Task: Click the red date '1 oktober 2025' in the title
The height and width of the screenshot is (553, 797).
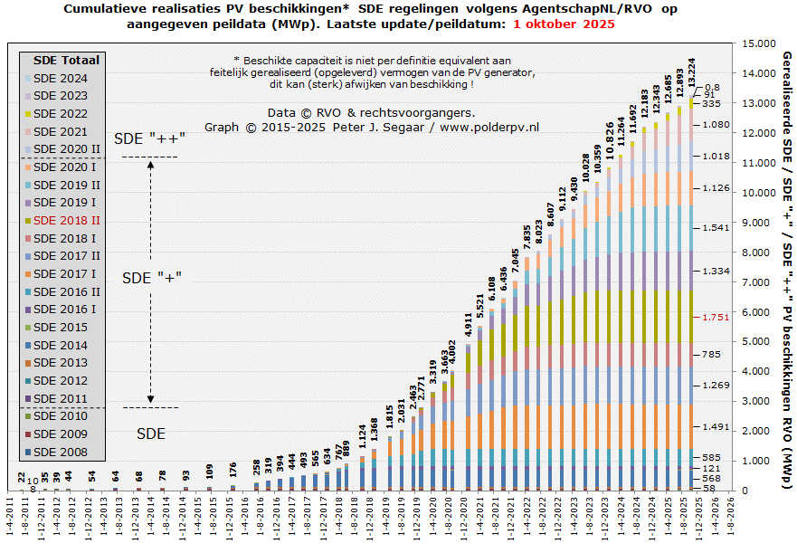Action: (x=564, y=24)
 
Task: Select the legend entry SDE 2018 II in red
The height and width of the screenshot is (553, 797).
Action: (x=66, y=220)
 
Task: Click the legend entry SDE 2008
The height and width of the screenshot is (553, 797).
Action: (x=61, y=452)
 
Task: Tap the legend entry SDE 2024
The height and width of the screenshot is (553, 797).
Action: (x=61, y=78)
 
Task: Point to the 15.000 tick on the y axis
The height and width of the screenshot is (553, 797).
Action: (x=732, y=43)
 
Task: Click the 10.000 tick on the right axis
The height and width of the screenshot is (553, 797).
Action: (x=732, y=193)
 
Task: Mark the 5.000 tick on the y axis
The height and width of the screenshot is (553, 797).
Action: (x=729, y=342)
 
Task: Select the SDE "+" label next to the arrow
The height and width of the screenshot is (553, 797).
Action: (x=152, y=276)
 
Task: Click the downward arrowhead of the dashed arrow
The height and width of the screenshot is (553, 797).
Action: (x=151, y=398)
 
